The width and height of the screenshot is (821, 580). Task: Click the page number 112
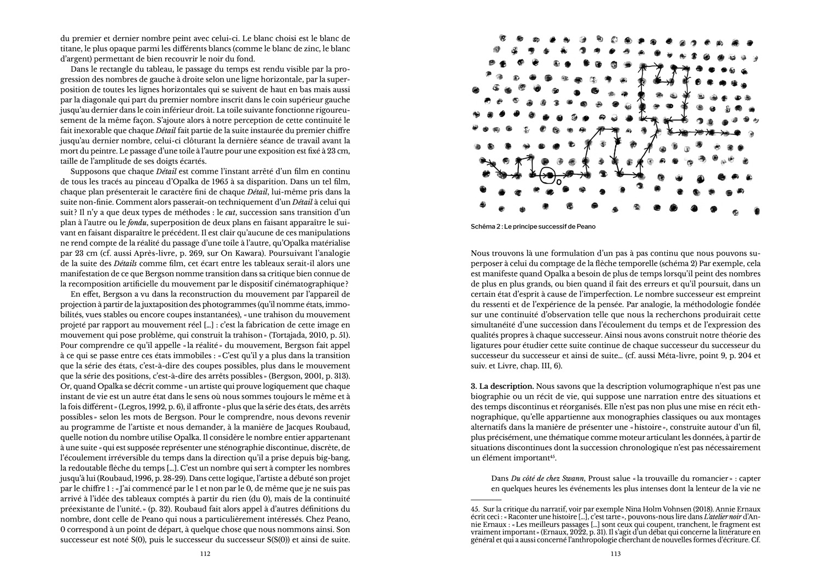205,554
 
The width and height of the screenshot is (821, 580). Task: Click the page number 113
615,554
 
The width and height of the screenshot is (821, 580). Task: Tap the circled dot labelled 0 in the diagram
546,175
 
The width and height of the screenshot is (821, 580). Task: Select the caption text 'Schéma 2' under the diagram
485,227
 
